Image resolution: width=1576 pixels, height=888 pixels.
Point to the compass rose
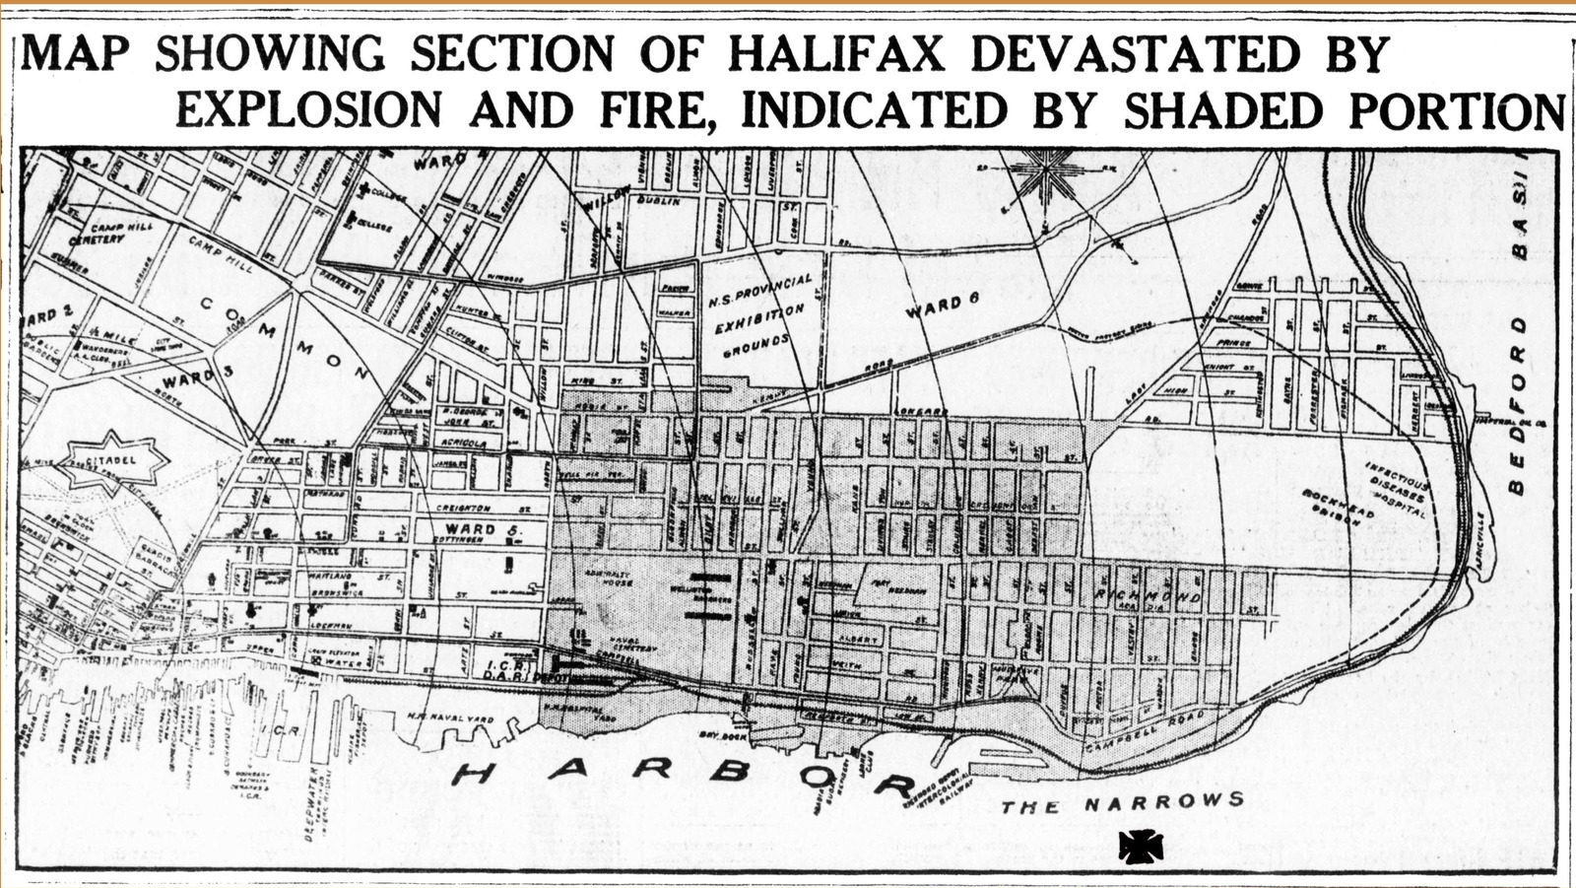(1047, 173)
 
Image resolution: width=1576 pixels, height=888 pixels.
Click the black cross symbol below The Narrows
(1141, 846)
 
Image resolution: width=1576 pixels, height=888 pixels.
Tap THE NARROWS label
(1122, 802)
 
